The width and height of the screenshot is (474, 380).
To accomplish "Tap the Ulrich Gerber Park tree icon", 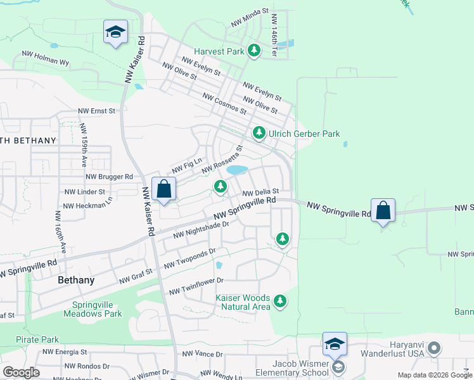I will [x=259, y=133].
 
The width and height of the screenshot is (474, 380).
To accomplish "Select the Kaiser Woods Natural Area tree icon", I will [x=280, y=301].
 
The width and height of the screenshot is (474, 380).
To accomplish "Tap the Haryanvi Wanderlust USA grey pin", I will [x=434, y=348].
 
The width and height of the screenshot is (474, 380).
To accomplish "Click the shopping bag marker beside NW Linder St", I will [x=163, y=189].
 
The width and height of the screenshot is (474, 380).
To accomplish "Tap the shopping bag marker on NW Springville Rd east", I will [x=383, y=210].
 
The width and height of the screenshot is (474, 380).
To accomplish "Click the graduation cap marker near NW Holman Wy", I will [x=115, y=32].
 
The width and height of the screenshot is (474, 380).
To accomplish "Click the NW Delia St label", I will [x=261, y=192].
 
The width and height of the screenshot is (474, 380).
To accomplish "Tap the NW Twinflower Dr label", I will [x=196, y=286].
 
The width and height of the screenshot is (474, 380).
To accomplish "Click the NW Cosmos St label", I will [x=224, y=104].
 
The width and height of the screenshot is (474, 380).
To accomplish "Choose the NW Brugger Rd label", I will [x=109, y=177].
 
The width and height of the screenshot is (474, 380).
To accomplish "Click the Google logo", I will [x=21, y=372].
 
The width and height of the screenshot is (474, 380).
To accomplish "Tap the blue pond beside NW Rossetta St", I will [x=237, y=170].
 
